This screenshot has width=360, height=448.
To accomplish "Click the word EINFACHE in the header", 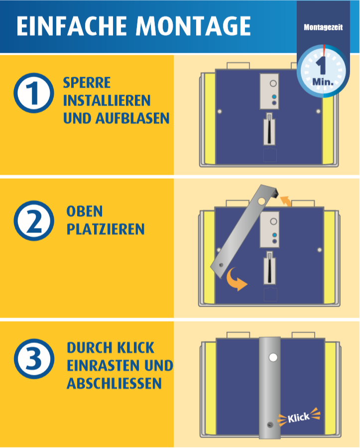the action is (72, 26).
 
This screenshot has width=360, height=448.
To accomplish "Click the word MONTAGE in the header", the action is (193, 26).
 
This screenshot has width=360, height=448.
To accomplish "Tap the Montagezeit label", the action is (323, 27).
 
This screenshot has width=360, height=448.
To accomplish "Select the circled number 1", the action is (34, 93).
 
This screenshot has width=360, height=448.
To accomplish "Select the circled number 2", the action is (34, 221).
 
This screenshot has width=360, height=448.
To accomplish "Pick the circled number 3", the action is (34, 359).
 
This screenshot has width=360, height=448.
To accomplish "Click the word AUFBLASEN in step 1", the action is (132, 118).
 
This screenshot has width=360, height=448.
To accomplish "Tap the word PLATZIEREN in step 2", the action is (106, 229).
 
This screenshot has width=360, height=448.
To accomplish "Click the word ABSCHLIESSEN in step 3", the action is (115, 383).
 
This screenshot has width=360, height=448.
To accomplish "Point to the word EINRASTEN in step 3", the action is (104, 365).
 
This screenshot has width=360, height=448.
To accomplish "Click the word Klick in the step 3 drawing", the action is (299, 418).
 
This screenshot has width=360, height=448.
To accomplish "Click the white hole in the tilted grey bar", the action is (261, 201).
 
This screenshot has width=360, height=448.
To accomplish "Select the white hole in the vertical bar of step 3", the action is (273, 357).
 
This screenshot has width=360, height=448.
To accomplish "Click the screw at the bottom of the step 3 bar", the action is (270, 425).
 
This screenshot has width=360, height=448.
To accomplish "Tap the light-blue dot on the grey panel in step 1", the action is (274, 97).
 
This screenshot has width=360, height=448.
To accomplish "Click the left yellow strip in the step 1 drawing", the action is (210, 118).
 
